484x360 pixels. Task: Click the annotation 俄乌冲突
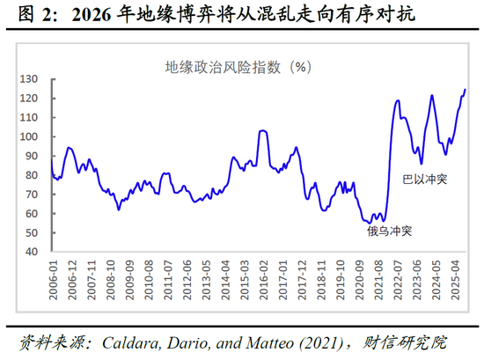tap(390, 231)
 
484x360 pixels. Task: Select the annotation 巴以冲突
tap(425, 179)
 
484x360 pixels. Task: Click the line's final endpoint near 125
tap(466, 90)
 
